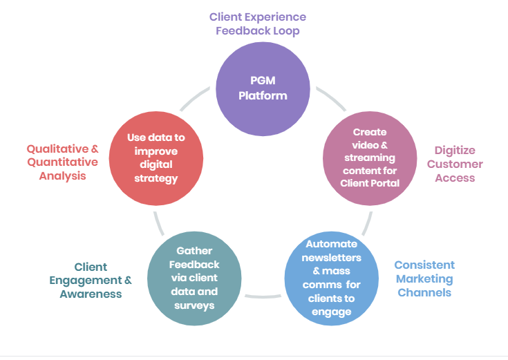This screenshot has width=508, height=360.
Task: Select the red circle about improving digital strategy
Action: [x=156, y=158]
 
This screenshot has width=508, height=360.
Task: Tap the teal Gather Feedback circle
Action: [x=194, y=278]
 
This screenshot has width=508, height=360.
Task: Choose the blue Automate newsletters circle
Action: [x=331, y=278]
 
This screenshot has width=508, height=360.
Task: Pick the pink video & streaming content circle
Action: [x=370, y=158]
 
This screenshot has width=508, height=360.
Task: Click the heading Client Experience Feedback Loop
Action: [x=257, y=23]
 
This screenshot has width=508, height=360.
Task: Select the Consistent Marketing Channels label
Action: [x=424, y=278]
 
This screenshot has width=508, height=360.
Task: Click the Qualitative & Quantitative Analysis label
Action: [x=62, y=162]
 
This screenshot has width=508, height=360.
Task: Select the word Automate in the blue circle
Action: [x=331, y=244]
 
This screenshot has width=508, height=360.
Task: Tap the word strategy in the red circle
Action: [x=156, y=178]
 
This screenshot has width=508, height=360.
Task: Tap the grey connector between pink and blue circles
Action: [x=368, y=222]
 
